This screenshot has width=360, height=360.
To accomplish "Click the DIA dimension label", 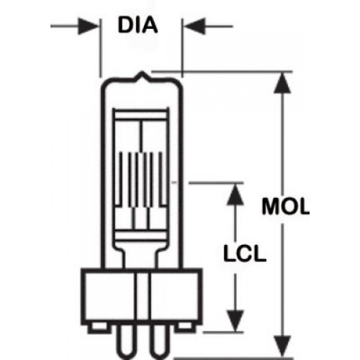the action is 138,25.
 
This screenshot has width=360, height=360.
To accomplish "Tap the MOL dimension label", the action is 285,207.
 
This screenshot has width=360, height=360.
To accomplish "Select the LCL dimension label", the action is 244,253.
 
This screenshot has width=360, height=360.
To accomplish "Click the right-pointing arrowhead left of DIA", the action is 88,26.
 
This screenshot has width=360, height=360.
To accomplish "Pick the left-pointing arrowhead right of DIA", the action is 194,26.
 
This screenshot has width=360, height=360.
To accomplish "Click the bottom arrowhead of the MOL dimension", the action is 282,346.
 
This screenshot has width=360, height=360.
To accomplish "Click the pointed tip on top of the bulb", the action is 142,72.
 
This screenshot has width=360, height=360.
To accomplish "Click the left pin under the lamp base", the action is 125,343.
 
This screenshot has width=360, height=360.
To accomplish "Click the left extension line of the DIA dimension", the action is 101,48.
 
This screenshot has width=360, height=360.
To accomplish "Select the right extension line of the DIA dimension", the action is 182,48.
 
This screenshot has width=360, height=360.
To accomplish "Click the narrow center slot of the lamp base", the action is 142,300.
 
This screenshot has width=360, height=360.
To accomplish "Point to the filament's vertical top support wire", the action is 141,135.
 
